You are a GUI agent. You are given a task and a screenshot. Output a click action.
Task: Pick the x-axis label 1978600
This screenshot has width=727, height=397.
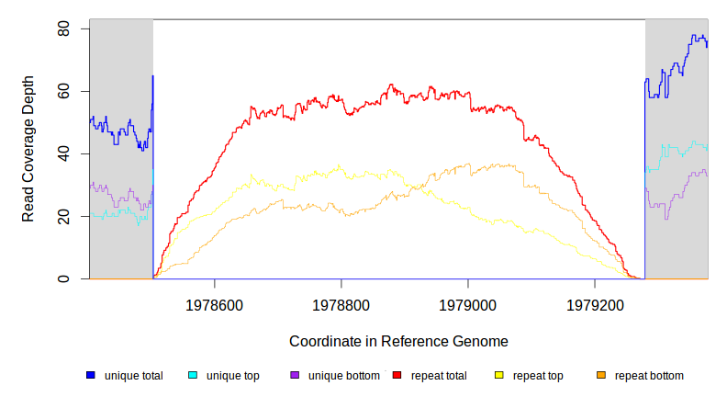pyautogui.click(x=214, y=302)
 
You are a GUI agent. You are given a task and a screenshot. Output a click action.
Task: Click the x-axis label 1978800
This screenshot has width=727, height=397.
pyautogui.click(x=341, y=302)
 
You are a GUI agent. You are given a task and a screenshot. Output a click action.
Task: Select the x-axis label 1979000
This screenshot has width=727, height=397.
pyautogui.click(x=468, y=302)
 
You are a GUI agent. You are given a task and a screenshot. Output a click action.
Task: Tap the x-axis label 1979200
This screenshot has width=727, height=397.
pyautogui.click(x=595, y=302)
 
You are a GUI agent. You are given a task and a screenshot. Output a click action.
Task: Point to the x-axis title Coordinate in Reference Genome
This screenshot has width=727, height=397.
pyautogui.click(x=398, y=341)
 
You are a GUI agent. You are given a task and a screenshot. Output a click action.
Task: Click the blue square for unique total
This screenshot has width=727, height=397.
pyautogui.click(x=90, y=375)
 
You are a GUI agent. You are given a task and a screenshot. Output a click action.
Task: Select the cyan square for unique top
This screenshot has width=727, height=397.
pyautogui.click(x=193, y=375)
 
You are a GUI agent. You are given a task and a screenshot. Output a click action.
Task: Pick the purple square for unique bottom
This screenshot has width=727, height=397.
pyautogui.click(x=295, y=375)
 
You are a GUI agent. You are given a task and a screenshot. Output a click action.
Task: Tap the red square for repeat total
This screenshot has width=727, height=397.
pyautogui.click(x=397, y=375)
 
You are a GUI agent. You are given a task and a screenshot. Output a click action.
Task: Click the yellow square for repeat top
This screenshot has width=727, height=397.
pyautogui.click(x=498, y=375)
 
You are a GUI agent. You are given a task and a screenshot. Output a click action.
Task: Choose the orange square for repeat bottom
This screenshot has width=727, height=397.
pyautogui.click(x=601, y=375)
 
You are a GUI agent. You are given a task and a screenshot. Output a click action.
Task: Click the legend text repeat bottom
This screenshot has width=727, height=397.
pyautogui.click(x=649, y=375)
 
